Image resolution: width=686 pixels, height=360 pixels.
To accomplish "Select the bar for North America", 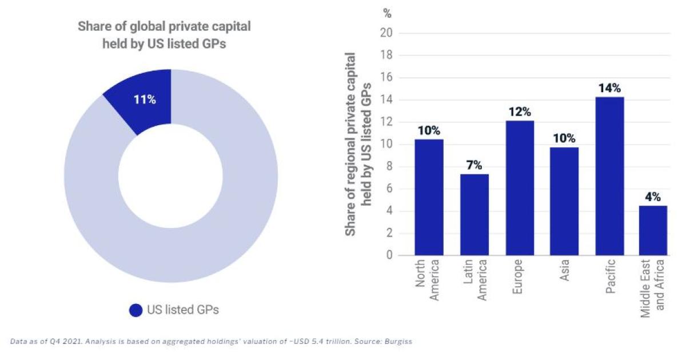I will [429, 197].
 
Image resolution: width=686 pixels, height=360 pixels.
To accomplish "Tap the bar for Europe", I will [520, 188].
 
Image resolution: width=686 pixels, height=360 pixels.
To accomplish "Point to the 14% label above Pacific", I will [609, 89].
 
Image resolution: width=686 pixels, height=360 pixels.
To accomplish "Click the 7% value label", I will [474, 166].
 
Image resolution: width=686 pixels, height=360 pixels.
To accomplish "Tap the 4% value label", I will [653, 197].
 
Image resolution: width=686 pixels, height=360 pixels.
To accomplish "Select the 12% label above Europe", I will [520, 112].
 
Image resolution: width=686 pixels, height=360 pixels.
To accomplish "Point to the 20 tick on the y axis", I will [386, 33].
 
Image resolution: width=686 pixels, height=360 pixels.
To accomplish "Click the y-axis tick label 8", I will [389, 167].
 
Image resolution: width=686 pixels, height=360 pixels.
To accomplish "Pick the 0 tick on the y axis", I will [389, 255].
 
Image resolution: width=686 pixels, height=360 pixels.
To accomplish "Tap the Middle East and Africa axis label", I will [653, 289].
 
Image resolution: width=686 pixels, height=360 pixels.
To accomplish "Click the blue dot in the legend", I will [135, 310].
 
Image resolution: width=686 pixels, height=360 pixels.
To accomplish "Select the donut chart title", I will [164, 35].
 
